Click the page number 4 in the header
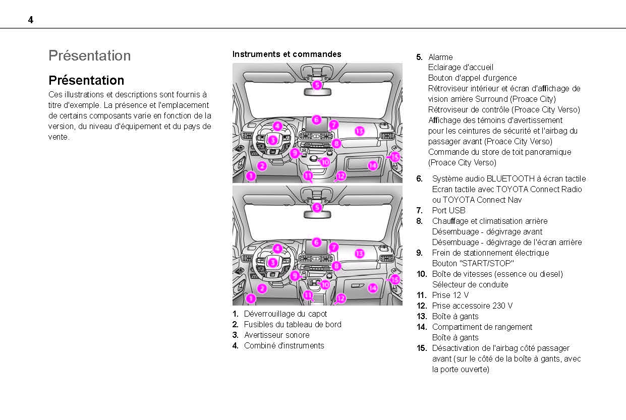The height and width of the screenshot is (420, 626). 31,20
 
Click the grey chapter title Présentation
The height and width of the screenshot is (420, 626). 89,55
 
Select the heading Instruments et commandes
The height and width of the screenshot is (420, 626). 287,54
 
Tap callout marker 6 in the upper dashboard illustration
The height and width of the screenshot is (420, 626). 316,120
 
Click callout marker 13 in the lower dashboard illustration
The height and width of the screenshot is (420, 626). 360,254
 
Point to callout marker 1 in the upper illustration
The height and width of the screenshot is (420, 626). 251,176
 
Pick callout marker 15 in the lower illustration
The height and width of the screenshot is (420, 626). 395,279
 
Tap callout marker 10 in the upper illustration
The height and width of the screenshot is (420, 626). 325,162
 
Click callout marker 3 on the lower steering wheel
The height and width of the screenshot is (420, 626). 272,262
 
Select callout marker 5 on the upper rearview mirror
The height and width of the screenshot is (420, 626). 317,85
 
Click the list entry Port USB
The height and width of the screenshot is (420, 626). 448,211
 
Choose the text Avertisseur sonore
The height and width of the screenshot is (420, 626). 276,335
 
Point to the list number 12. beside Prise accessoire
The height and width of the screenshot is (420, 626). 422,306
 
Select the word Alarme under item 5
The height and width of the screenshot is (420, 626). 440,57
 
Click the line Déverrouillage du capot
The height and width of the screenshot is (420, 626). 285,314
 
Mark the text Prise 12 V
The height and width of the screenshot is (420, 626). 450,295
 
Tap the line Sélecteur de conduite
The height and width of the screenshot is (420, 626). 470,285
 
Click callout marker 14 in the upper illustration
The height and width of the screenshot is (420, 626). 373,165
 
